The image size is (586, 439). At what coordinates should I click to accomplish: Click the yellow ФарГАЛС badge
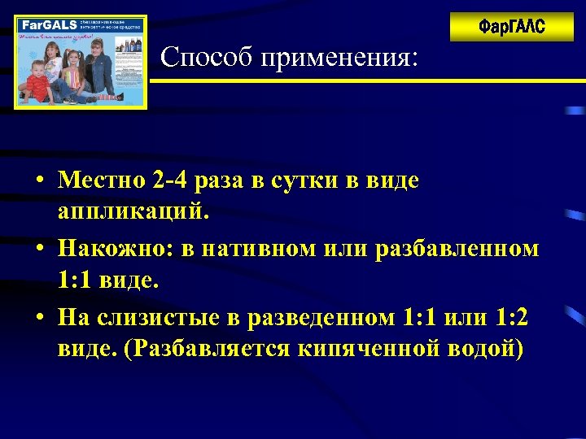(x=511, y=27)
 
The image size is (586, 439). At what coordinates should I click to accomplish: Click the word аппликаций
(x=133, y=213)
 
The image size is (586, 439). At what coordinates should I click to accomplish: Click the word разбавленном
(x=457, y=248)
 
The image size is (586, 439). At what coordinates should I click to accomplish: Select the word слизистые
(x=162, y=315)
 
